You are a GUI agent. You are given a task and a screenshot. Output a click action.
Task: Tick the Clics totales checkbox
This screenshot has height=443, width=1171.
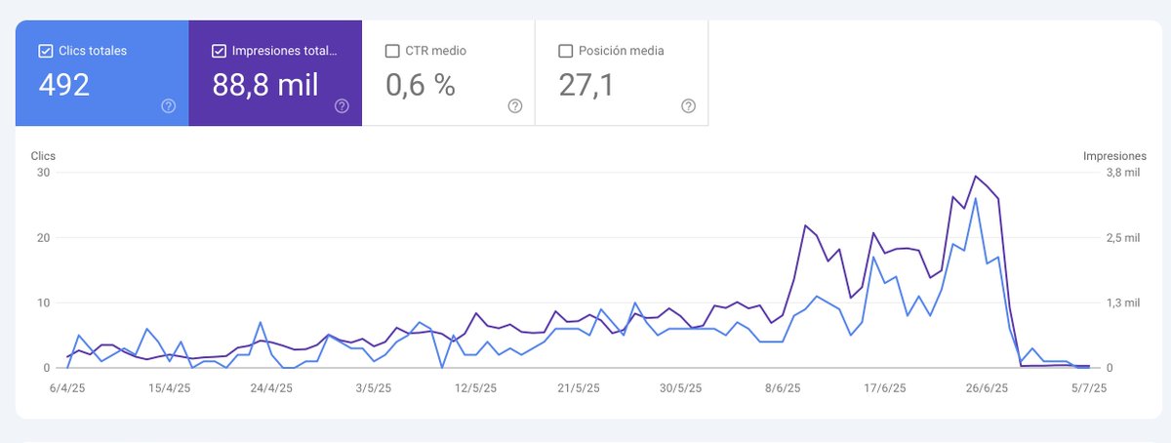(x=46, y=51)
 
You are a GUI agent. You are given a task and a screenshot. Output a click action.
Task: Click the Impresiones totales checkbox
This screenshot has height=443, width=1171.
(x=219, y=51)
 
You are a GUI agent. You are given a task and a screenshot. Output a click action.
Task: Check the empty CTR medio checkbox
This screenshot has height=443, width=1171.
(x=392, y=51)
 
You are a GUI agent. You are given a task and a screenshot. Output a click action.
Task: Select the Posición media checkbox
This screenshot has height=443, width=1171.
(x=566, y=51)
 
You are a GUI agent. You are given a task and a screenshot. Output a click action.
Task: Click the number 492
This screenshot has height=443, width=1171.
(x=63, y=85)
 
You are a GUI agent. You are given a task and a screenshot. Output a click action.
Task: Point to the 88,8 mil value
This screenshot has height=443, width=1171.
(x=265, y=85)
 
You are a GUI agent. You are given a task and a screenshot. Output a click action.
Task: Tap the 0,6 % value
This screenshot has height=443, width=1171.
(x=421, y=85)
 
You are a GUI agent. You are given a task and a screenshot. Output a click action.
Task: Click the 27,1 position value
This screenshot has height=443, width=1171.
(x=586, y=85)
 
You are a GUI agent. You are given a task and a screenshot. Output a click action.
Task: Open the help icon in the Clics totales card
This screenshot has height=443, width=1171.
(x=168, y=106)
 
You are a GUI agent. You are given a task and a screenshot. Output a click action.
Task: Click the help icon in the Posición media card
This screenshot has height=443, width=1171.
(x=689, y=106)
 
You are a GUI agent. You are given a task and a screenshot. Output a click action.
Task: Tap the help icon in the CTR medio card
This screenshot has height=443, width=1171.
(x=515, y=106)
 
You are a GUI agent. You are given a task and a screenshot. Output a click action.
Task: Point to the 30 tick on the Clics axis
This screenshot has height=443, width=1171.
(x=43, y=173)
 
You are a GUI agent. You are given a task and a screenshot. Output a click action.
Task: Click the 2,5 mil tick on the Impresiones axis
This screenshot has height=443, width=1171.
(x=1123, y=238)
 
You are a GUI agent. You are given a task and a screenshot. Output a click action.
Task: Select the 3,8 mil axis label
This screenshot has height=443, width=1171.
(x=1123, y=173)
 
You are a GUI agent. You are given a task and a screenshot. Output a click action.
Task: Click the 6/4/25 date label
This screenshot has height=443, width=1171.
(x=67, y=388)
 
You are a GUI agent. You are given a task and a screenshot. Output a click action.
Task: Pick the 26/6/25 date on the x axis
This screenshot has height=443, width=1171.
(x=987, y=388)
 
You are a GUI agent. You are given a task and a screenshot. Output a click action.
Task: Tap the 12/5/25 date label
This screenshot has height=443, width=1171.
(x=475, y=388)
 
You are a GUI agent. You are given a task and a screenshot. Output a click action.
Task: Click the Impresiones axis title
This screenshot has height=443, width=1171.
(x=1114, y=156)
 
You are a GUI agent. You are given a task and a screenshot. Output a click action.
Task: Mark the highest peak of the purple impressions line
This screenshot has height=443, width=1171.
(x=975, y=177)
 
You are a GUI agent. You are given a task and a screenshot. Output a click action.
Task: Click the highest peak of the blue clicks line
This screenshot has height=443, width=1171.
(x=975, y=199)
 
